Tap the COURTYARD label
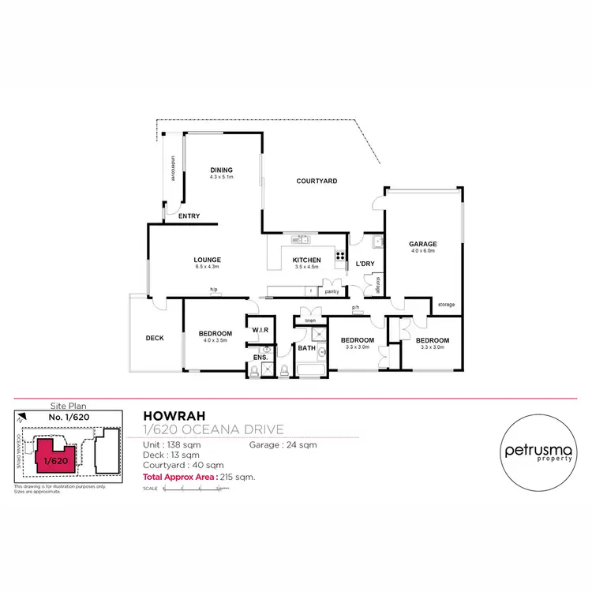[317, 181]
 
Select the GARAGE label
[423, 244]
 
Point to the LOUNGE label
[207, 260]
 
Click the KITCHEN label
[306, 260]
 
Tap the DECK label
[155, 338]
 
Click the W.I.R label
[258, 330]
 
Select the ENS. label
[260, 358]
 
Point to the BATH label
[306, 347]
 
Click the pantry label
[332, 291]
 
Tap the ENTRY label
[189, 216]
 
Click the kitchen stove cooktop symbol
[340, 255]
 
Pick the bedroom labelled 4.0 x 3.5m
[215, 335]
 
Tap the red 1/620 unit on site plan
[54, 457]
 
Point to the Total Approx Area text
[199, 478]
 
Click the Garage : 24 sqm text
[283, 445]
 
